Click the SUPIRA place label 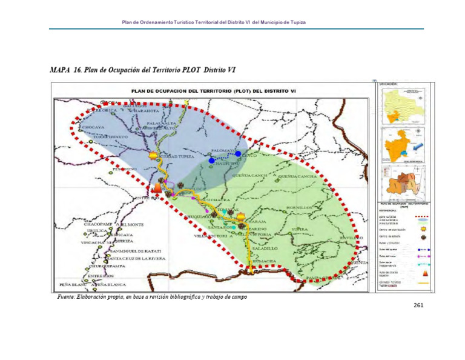point(300,229)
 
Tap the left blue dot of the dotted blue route point(211,160)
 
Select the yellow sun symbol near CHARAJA point(241,216)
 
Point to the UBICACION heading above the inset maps point(389,85)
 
